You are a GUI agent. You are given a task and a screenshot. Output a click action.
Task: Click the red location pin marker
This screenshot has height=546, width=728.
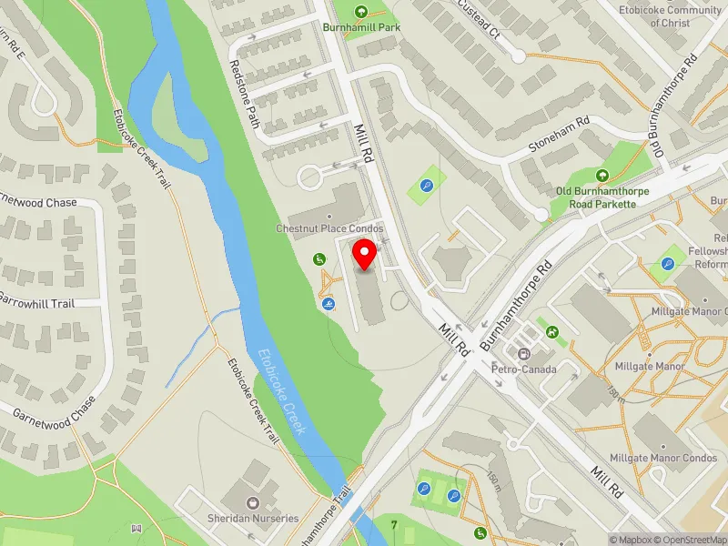pos(365,255)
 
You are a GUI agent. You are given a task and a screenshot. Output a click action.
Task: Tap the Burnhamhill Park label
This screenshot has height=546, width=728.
pos(361,27)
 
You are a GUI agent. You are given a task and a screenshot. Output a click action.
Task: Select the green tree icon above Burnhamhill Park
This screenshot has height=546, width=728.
pos(361,12)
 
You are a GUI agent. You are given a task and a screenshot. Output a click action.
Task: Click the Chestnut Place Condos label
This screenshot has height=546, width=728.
pos(329,228)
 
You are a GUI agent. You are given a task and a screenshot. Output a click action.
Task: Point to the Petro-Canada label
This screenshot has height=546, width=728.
pos(523,369)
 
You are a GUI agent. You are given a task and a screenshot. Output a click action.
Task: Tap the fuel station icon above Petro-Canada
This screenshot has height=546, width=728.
pos(523,354)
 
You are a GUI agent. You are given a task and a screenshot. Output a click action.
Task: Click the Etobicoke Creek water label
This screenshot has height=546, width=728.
pos(281,391)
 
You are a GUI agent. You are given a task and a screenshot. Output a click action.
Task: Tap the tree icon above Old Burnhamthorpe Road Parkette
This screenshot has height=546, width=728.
pos(601,175)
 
